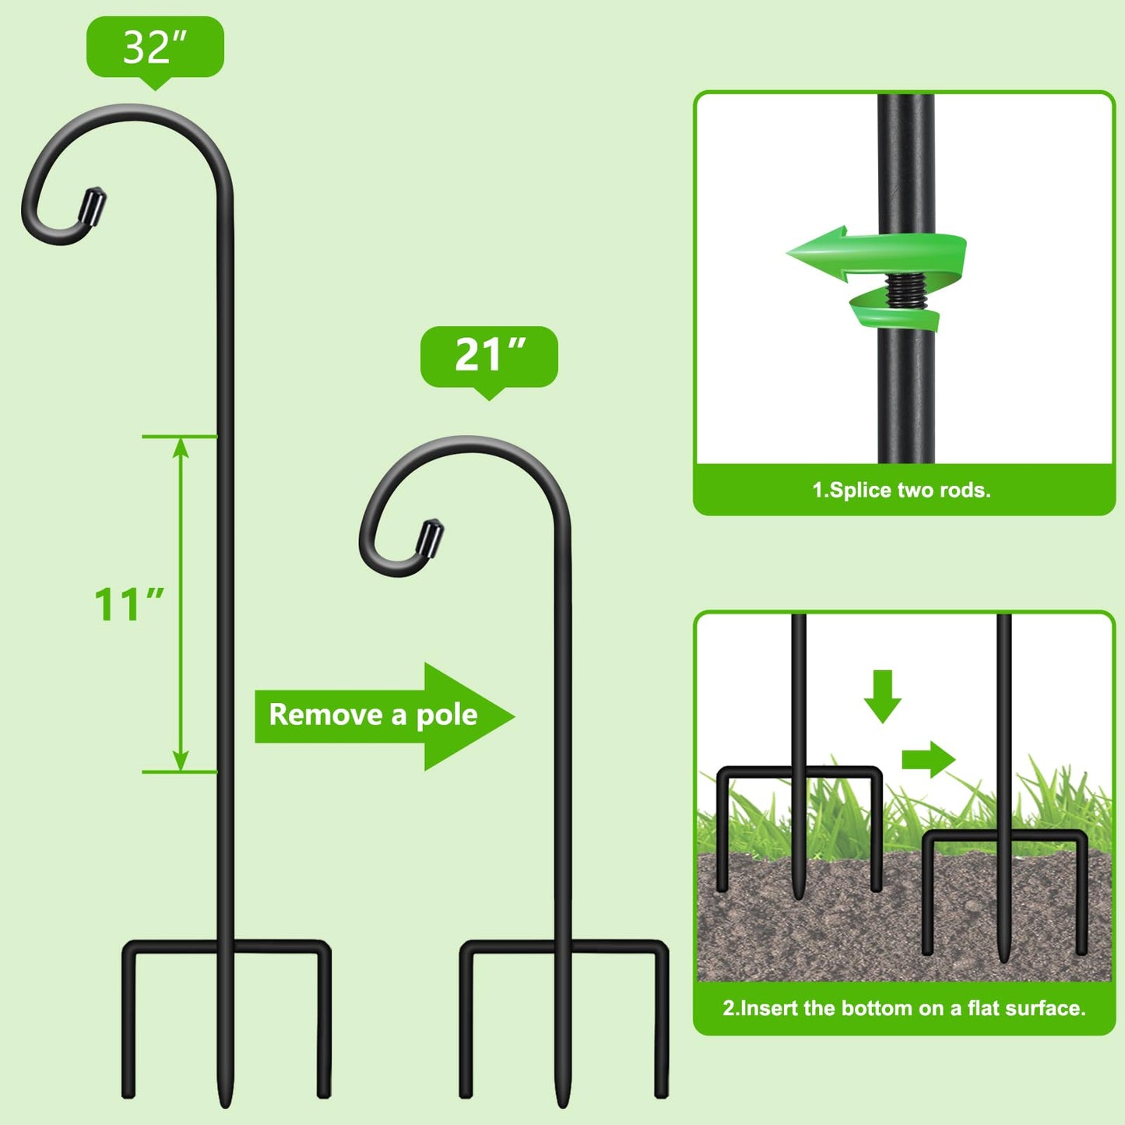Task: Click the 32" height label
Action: [x=155, y=47]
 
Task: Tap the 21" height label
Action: [x=489, y=357]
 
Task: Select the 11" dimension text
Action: [x=128, y=605]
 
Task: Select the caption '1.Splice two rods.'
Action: [x=902, y=490]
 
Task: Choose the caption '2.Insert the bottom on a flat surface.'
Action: [x=904, y=1008]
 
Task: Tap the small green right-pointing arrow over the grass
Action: [x=928, y=759]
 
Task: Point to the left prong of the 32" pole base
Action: [x=128, y=1028]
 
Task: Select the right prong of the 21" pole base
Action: [x=661, y=1028]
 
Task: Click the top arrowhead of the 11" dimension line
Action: [x=181, y=447]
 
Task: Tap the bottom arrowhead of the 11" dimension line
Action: [x=181, y=761]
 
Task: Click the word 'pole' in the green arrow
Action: [x=446, y=715]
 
